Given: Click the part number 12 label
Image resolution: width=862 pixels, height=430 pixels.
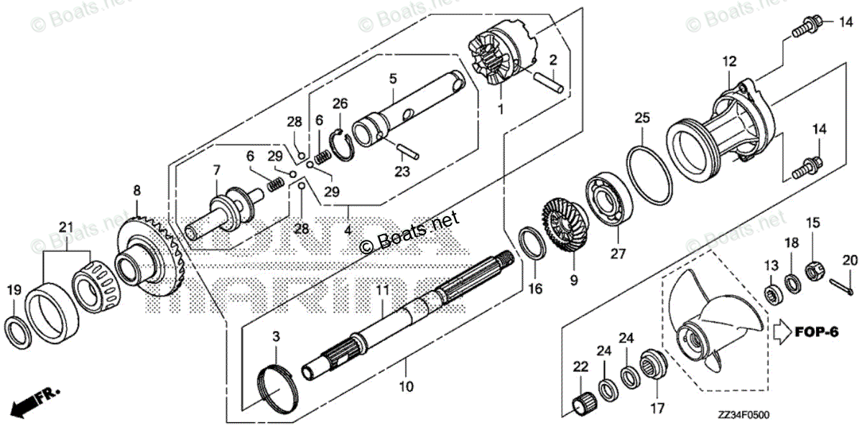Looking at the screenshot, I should pos(729,62).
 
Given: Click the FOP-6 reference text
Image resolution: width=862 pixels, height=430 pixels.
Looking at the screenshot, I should pos(816,332).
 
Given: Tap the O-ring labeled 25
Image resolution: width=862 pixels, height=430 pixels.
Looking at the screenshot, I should pos(651,172).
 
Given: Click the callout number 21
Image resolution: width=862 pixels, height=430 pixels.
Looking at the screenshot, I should pos(66,228).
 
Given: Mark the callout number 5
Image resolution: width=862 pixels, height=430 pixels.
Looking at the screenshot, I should pos(393,77).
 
